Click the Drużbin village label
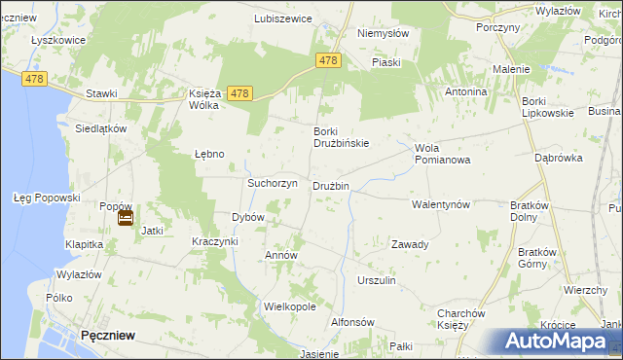point(330,186)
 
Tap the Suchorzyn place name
point(272,183)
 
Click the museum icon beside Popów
point(126,219)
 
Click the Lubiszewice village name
point(282,18)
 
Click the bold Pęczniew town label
point(108,335)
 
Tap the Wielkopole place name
point(289,306)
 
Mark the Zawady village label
point(410,244)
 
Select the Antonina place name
point(465,91)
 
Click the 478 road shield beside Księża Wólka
point(241,93)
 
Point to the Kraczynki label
point(215,240)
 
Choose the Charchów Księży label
point(460,318)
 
